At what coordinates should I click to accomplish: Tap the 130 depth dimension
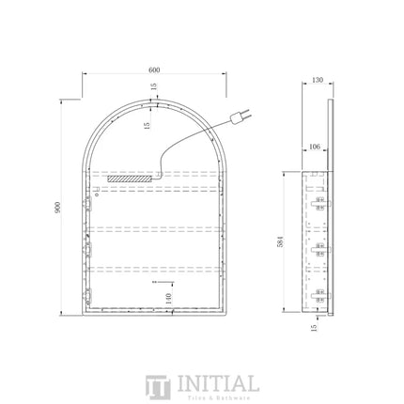click(318, 81)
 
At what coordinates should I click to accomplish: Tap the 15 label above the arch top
click(154, 87)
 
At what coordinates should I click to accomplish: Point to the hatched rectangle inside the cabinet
click(129, 177)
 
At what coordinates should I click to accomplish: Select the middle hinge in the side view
click(319, 251)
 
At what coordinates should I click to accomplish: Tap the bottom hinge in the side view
click(319, 296)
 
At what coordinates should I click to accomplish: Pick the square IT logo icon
click(156, 387)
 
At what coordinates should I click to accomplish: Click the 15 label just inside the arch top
click(148, 126)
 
